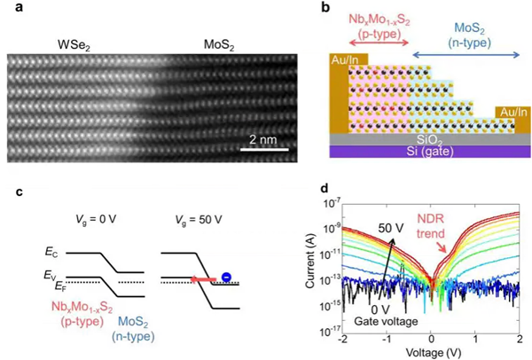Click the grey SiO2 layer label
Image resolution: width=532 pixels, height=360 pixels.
(x=422, y=138)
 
